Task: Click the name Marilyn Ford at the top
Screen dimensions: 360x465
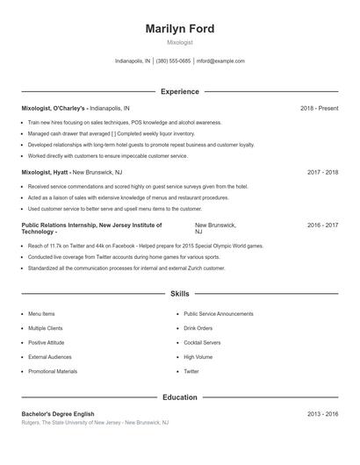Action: pyautogui.click(x=180, y=29)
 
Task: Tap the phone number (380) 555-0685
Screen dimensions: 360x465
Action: pyautogui.click(x=173, y=61)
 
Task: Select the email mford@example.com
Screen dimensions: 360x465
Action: pyautogui.click(x=220, y=61)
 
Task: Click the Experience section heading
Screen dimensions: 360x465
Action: pyautogui.click(x=180, y=91)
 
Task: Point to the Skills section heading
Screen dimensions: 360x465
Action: pyautogui.click(x=180, y=293)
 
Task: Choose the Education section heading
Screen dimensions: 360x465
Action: pyautogui.click(x=180, y=397)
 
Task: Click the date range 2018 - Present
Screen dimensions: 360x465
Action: pyautogui.click(x=319, y=108)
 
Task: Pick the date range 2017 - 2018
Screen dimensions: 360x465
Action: pyautogui.click(x=322, y=173)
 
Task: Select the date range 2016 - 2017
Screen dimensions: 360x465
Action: pyautogui.click(x=322, y=225)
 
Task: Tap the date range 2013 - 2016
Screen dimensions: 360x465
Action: pyautogui.click(x=322, y=413)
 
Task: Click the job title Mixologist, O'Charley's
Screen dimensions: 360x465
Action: pyautogui.click(x=54, y=108)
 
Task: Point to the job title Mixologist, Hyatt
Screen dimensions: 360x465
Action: pyautogui.click(x=45, y=173)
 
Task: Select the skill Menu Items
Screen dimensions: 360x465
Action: pyautogui.click(x=41, y=313)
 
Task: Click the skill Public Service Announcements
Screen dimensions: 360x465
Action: pyautogui.click(x=219, y=313)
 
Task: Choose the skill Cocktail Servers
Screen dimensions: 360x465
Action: pyautogui.click(x=202, y=342)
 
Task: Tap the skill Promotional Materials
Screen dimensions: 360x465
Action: pyautogui.click(x=53, y=371)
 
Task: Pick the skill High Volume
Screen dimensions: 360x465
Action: pyautogui.click(x=198, y=357)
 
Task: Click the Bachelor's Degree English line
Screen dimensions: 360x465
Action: pyautogui.click(x=58, y=413)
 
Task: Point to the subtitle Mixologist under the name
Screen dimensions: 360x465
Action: pyautogui.click(x=180, y=42)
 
